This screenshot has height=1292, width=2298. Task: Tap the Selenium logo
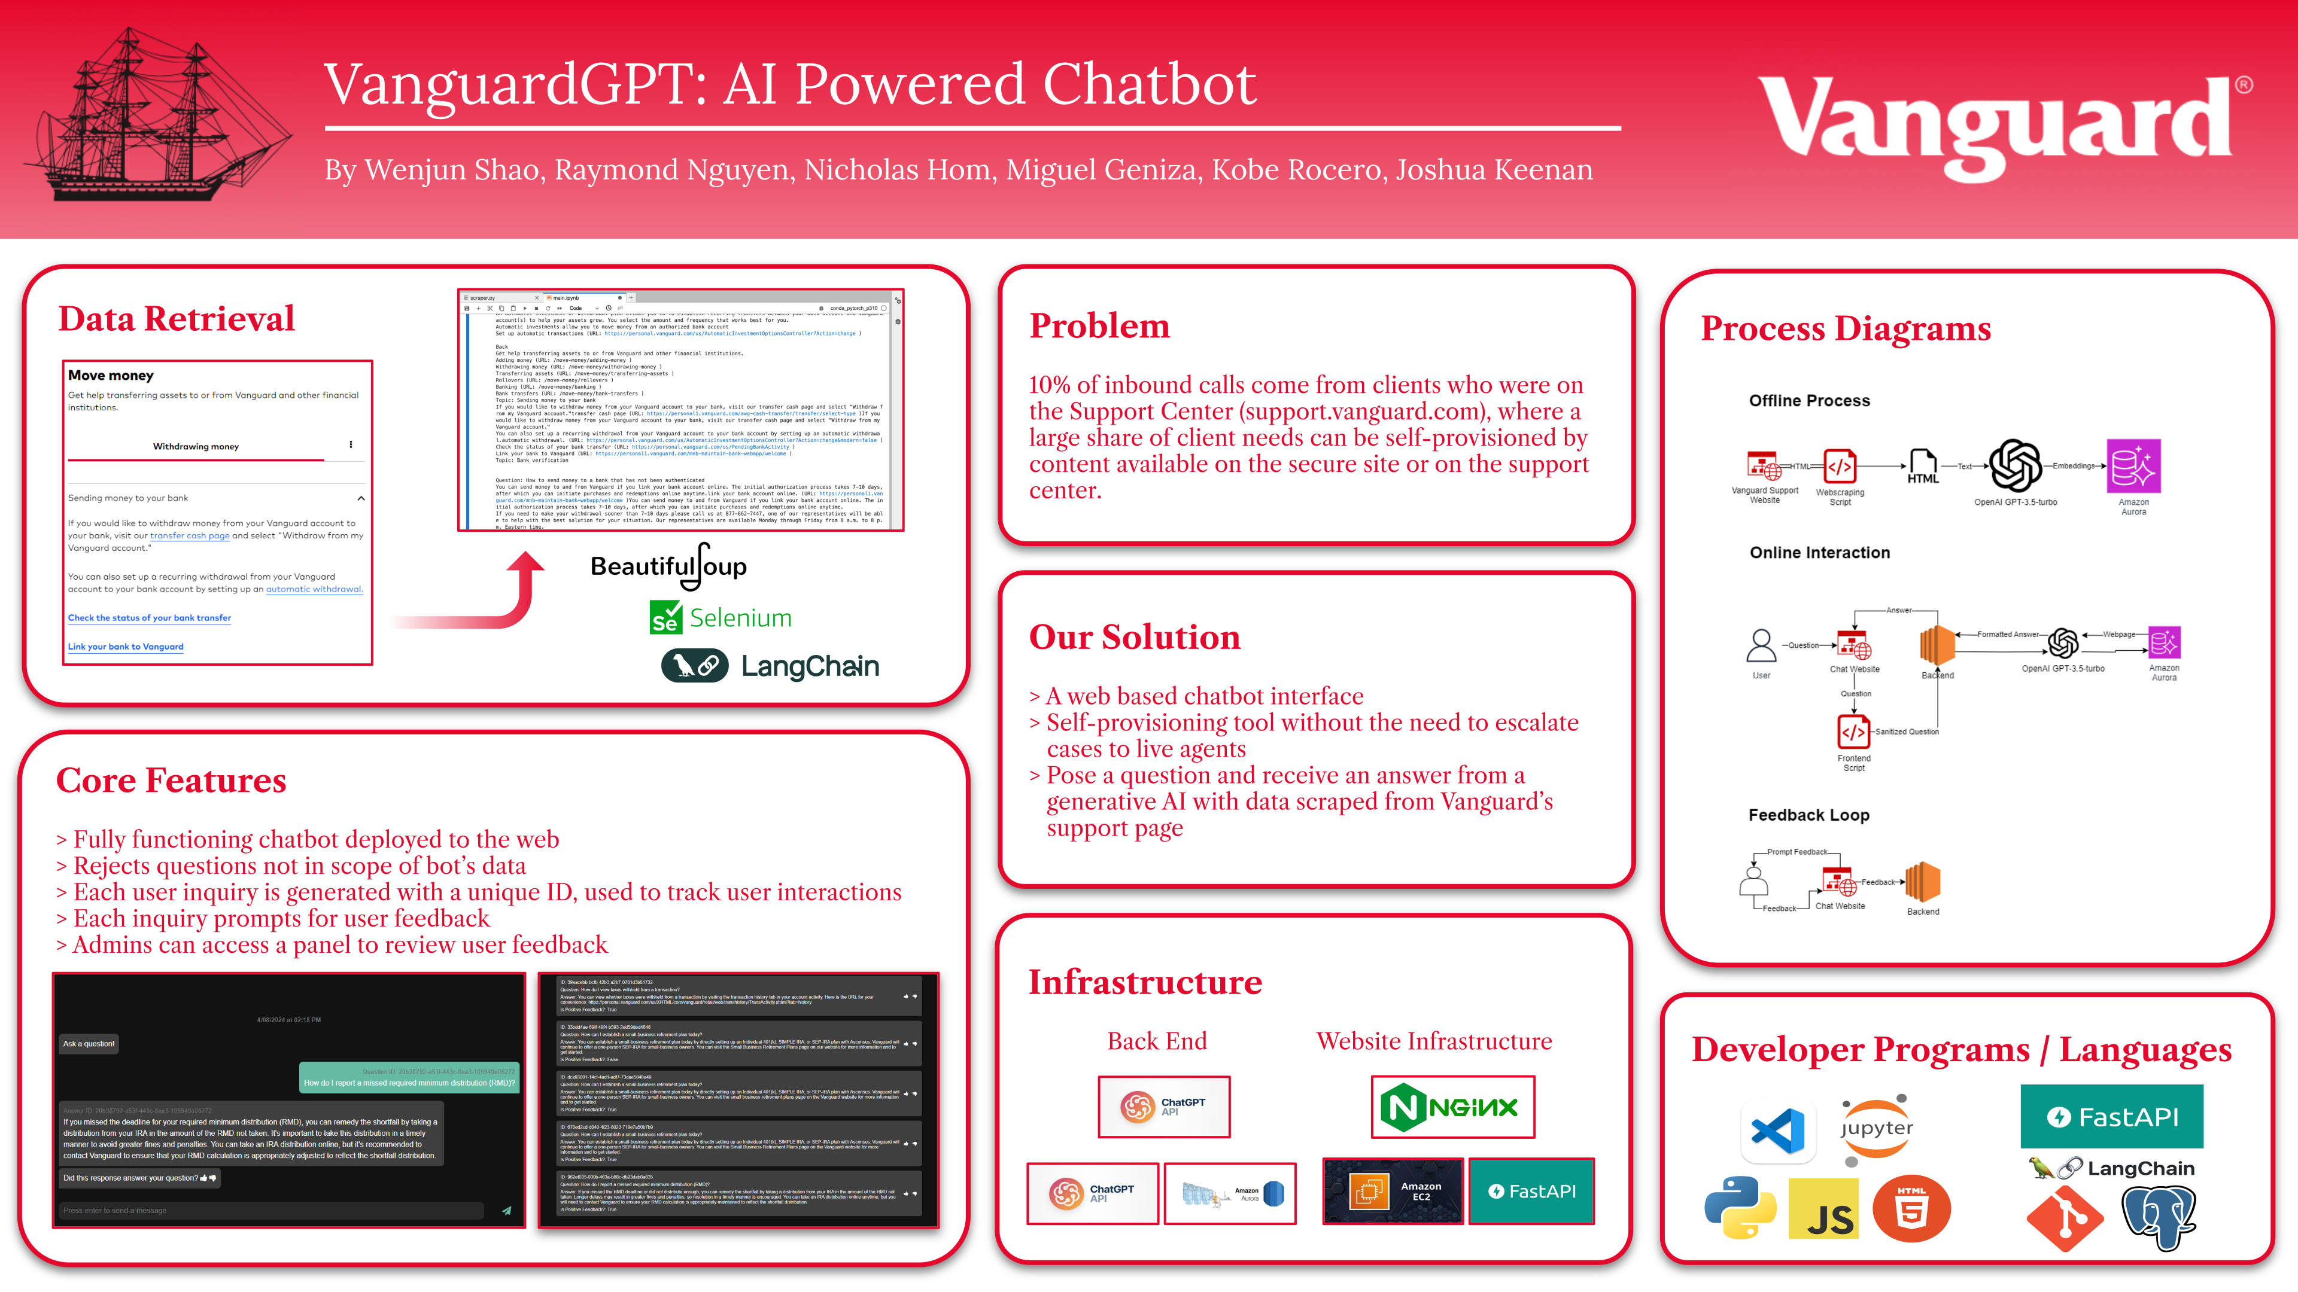pyautogui.click(x=721, y=618)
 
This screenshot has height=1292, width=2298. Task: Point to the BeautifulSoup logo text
pyautogui.click(x=668, y=566)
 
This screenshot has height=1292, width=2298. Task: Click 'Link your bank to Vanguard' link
pyautogui.click(x=126, y=647)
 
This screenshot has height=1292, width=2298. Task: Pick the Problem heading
pyautogui.click(x=1099, y=327)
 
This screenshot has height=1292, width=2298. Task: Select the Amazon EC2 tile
pyautogui.click(x=1393, y=1192)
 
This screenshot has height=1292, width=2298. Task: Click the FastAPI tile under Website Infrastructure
pyautogui.click(x=1531, y=1192)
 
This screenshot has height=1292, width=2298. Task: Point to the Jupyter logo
pyautogui.click(x=1876, y=1128)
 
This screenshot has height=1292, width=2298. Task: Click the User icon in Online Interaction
pyautogui.click(x=1761, y=645)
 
